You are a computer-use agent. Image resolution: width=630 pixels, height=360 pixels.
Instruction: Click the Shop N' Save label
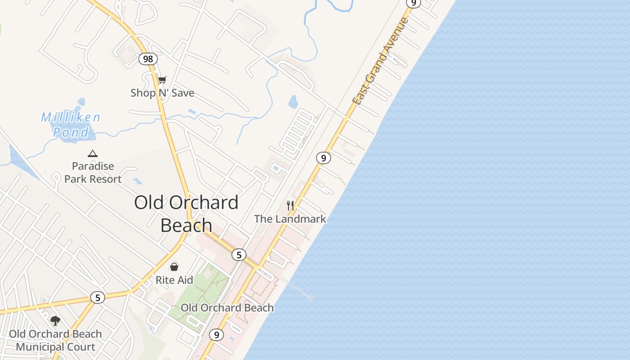[162, 93]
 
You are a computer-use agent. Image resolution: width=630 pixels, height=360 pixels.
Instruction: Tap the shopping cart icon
[162, 80]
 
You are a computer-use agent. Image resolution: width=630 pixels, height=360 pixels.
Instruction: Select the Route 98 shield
[148, 59]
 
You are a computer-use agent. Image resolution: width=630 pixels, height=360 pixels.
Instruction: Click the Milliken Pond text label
[71, 125]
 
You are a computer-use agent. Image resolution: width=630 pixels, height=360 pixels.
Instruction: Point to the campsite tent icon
[93, 153]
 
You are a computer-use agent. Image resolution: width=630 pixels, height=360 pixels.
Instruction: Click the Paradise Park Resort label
[93, 173]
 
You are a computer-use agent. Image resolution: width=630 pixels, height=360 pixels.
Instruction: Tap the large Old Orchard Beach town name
[186, 214]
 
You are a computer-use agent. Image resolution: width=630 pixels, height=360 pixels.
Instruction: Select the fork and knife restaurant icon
[290, 206]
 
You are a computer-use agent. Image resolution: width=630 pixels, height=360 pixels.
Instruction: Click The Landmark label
[290, 219]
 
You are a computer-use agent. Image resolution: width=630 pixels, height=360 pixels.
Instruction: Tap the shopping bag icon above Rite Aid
[174, 267]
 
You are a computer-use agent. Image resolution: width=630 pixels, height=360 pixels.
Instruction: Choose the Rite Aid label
[174, 280]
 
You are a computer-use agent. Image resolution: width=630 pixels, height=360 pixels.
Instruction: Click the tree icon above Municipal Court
[55, 321]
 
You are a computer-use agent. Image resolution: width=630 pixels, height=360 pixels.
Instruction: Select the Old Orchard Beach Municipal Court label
[55, 341]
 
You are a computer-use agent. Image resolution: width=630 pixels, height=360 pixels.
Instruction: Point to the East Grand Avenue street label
[381, 62]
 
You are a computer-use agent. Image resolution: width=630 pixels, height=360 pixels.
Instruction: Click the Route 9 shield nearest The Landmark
[323, 158]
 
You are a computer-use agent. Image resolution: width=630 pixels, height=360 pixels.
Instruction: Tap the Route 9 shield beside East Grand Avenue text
[413, 3]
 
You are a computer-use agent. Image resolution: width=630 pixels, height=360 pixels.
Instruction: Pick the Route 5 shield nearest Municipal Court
[97, 297]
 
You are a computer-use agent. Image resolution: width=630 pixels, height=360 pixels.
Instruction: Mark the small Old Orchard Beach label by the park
[227, 308]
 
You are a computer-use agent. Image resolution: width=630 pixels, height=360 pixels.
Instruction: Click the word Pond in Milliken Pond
[71, 132]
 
